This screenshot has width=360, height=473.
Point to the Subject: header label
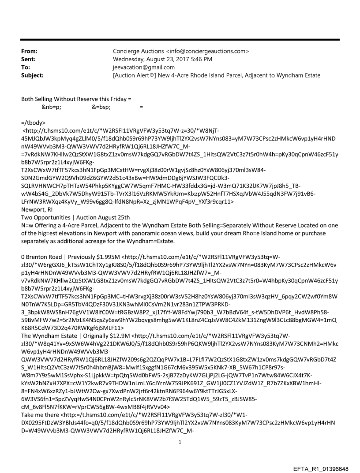(32, 75)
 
